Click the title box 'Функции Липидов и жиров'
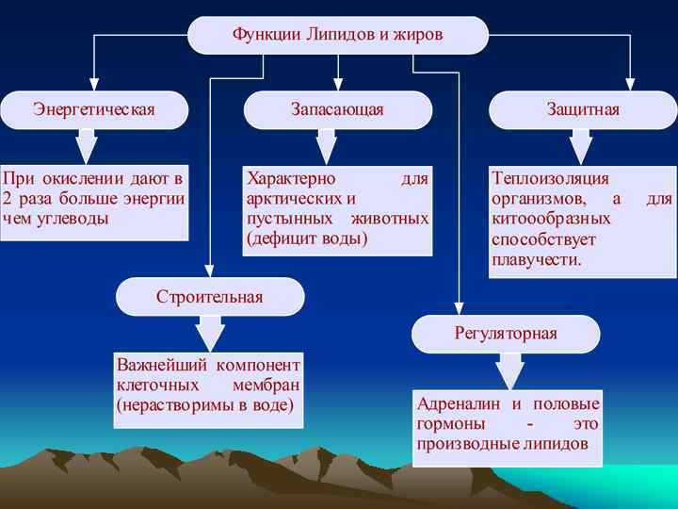tap(337, 35)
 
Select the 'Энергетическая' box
tap(93, 109)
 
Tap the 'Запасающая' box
tap(337, 109)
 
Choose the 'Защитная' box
tap(583, 109)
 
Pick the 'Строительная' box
tap(209, 297)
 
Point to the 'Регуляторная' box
tap(506, 334)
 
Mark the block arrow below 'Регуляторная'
tap(509, 370)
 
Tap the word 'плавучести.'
tap(537, 259)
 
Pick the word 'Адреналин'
tap(460, 403)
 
